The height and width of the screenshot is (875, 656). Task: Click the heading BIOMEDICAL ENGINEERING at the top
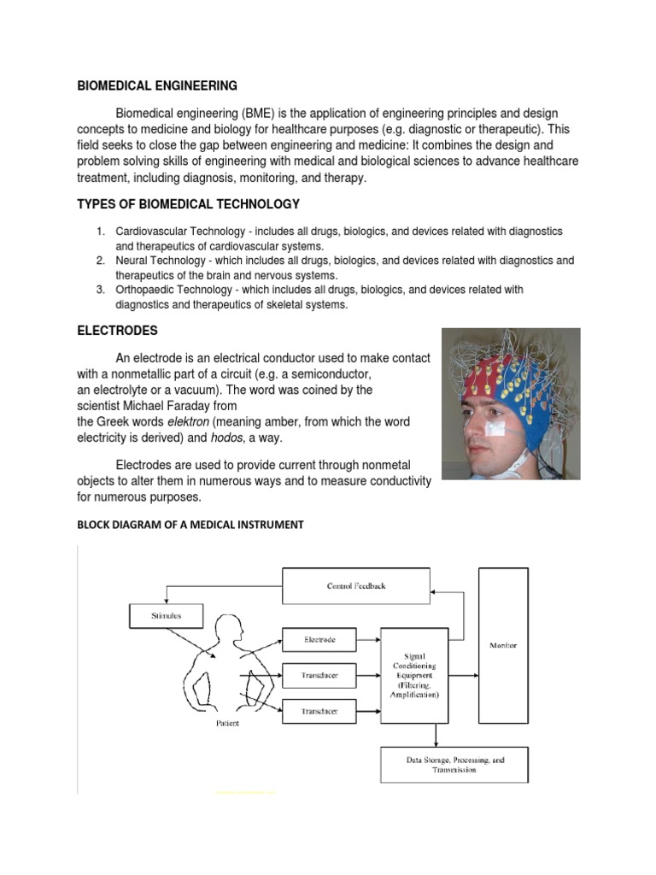[x=158, y=85]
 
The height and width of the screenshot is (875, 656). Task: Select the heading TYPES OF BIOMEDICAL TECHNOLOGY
[x=189, y=203]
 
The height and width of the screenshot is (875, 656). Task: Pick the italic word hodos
[x=227, y=437]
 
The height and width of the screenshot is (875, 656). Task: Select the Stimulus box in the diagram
[x=167, y=614]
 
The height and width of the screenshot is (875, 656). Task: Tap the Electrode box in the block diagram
[x=319, y=639]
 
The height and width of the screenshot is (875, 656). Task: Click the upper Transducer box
[x=319, y=675]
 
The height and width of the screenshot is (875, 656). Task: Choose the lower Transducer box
[x=319, y=710]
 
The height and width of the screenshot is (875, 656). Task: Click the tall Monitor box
[x=503, y=645]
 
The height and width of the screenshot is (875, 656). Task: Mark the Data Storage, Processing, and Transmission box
[x=454, y=764]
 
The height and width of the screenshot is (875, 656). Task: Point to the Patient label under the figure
[x=227, y=724]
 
